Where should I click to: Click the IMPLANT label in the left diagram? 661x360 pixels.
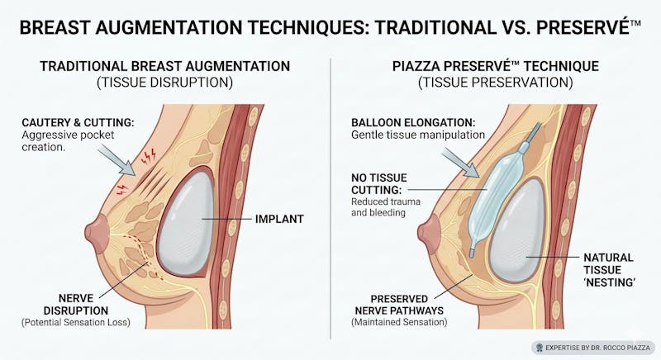(279, 219)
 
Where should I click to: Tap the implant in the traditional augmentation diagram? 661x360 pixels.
(185, 223)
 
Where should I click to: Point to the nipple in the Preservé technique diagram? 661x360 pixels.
(430, 234)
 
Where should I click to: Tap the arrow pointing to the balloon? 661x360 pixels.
(460, 163)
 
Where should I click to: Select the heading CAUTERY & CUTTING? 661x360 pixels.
(78, 122)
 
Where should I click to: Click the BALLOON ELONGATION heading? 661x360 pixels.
(413, 122)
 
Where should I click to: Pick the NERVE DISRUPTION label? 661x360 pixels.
(76, 305)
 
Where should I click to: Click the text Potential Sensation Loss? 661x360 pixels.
(76, 323)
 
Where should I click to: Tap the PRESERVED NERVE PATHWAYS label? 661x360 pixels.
(399, 305)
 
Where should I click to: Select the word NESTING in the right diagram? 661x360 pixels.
(609, 282)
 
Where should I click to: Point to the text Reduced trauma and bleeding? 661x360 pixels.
(386, 207)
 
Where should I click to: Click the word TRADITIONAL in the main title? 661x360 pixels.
(436, 28)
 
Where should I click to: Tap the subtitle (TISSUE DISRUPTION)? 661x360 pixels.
(164, 82)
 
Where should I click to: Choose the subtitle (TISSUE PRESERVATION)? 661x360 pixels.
(496, 82)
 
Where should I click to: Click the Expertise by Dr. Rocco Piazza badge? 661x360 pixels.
(594, 348)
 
